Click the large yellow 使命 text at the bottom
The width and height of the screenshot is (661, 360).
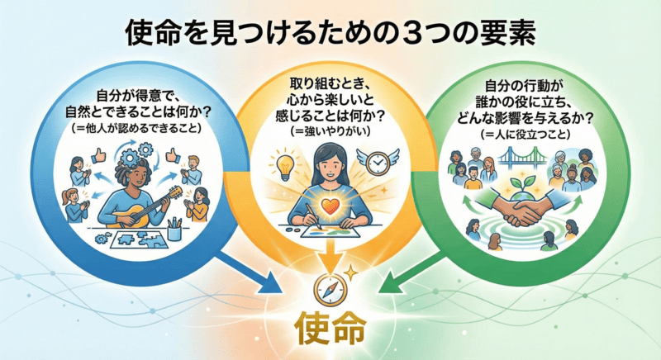[330, 329]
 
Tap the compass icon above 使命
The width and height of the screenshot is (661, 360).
[329, 289]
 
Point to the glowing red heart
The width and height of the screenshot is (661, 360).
[330, 205]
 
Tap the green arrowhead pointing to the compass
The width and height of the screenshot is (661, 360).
[385, 286]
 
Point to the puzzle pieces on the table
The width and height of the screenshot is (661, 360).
[124, 239]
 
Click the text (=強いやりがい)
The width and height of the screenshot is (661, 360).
[330, 134]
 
